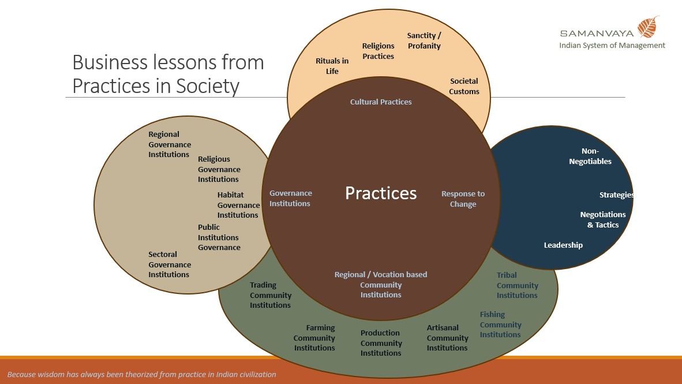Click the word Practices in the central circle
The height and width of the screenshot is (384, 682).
coord(381,193)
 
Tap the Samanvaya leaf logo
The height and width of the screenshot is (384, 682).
coord(648,27)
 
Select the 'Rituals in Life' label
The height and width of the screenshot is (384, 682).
coord(332,66)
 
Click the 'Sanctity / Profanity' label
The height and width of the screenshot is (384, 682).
coord(424,40)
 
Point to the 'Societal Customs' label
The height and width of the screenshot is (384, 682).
coord(464,86)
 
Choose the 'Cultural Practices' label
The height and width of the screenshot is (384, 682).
coord(381,102)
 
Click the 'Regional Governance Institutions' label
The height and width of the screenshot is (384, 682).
coord(170,144)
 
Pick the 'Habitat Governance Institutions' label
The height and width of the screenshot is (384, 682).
coord(238,204)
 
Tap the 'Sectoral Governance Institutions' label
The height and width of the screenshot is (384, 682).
coord(170,264)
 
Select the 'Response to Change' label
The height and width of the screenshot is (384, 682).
coord(463,199)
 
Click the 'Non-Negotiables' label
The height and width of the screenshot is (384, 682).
coord(590,156)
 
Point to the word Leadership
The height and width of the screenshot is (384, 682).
coord(563,245)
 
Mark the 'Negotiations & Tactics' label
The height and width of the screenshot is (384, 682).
coord(603,219)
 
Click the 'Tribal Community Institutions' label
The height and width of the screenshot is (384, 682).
coord(517,285)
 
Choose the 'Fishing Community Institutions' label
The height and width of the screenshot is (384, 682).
coord(500,325)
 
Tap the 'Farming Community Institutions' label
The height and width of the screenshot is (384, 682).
coord(314,338)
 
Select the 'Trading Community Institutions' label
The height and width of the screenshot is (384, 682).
coord(270,295)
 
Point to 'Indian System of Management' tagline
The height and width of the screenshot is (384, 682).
coord(612,45)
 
